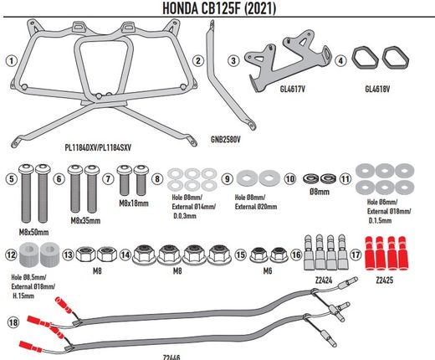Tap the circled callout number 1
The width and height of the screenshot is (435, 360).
(x=11, y=60)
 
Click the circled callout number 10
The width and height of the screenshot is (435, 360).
(x=290, y=178)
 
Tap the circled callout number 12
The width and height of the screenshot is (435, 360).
(x=11, y=255)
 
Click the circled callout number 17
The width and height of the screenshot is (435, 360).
(x=356, y=255)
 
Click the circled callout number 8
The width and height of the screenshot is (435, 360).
(x=158, y=178)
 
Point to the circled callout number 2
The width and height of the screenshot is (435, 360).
(x=197, y=60)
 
